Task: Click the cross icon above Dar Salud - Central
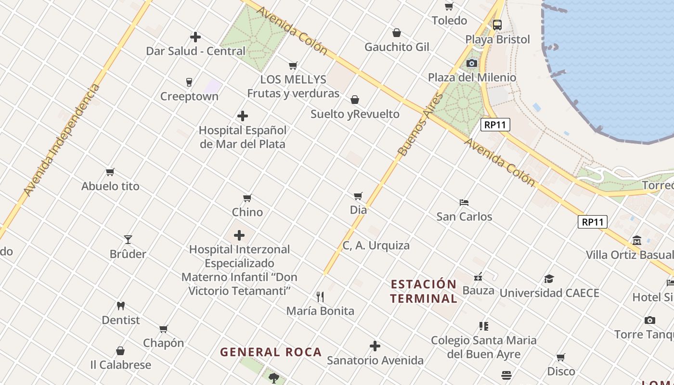click(195, 37)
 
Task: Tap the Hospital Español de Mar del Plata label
click(243, 137)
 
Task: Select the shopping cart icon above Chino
click(247, 198)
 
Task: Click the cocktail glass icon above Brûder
click(128, 240)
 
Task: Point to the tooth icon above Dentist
click(121, 306)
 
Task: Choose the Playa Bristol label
click(497, 39)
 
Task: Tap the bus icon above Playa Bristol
click(497, 25)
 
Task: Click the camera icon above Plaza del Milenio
click(472, 64)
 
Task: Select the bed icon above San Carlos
click(464, 203)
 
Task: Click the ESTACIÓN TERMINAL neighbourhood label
click(424, 291)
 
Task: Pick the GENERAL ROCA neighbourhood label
click(271, 352)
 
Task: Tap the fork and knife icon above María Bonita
click(320, 296)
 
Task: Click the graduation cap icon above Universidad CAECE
click(549, 279)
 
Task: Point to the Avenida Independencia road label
click(62, 140)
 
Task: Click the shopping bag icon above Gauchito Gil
click(397, 33)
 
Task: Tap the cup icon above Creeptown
click(189, 82)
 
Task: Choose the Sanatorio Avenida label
click(375, 360)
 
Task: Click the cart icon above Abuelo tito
click(110, 172)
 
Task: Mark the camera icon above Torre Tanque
click(649, 320)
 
